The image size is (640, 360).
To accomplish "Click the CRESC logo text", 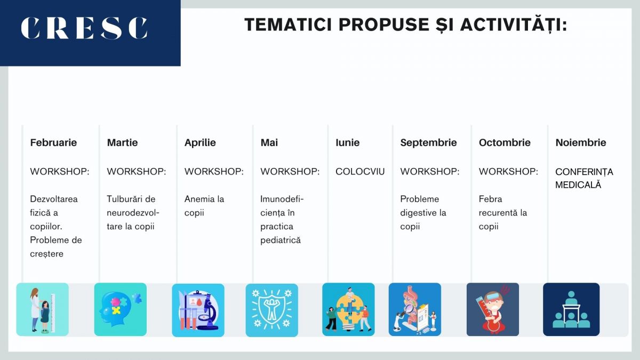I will point(84,29).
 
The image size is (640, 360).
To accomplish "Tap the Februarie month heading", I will point(53,142).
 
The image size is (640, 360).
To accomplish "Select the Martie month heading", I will point(122,142).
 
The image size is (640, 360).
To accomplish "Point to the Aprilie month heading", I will point(200,142).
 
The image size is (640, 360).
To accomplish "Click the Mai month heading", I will point(269,142).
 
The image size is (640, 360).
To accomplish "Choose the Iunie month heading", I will point(347,142).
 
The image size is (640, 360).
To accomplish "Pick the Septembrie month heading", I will point(428,142).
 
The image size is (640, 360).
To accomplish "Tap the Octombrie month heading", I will point(505,142).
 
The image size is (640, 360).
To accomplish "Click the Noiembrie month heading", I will point(581,142).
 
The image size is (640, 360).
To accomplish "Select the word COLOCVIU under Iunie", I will point(360,172).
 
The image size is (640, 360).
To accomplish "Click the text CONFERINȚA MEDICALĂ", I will point(584,178).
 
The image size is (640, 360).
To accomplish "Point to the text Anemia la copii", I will point(204,206).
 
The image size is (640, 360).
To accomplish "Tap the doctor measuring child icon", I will point(43,309).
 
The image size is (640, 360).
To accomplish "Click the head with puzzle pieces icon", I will point(121,309).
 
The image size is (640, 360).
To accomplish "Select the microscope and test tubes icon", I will point(198,310).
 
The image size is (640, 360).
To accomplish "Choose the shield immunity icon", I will point(271,310).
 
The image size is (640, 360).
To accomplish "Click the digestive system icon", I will point(414,309).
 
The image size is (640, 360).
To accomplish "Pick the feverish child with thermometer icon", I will point(492,309).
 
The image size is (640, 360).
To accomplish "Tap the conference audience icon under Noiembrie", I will point(571,309).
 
